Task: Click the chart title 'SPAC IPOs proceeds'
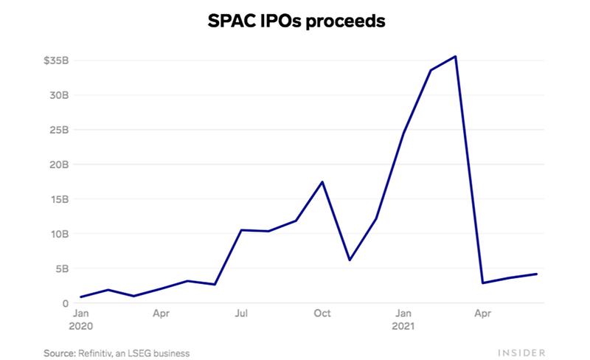pos(295,22)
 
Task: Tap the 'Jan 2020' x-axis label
pos(82,319)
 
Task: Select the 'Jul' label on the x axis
pos(240,314)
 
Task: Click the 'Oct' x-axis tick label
pos(322,314)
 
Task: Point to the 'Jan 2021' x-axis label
pos(403,319)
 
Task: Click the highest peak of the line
pos(457,56)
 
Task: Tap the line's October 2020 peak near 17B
pos(322,181)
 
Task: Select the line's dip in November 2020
pos(350,260)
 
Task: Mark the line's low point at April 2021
pos(483,283)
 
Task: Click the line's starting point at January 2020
pos(81,297)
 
